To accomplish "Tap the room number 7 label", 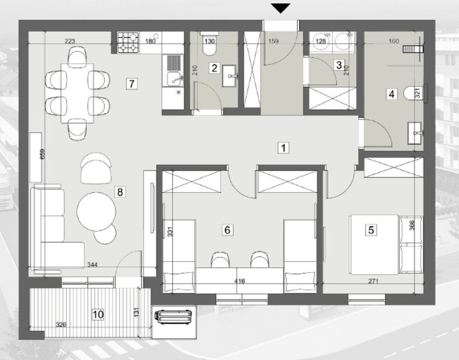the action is click(x=132, y=84).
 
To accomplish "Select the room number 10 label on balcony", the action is click(x=98, y=314).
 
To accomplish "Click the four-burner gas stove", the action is click(x=128, y=43).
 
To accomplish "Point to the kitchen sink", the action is click(x=173, y=70).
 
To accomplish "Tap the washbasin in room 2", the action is click(x=229, y=76).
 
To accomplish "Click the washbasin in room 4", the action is click(x=416, y=133).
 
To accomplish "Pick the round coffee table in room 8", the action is click(x=96, y=211).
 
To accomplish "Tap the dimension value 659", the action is click(x=43, y=154).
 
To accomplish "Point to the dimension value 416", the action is click(x=240, y=281).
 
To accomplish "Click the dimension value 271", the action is click(x=374, y=281).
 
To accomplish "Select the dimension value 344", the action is click(x=92, y=265).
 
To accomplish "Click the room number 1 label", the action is click(x=283, y=148).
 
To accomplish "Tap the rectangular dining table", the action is click(x=77, y=93).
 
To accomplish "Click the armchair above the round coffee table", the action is click(x=96, y=168).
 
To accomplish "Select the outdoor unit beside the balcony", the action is click(x=173, y=317).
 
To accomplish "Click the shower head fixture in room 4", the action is click(x=413, y=49).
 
